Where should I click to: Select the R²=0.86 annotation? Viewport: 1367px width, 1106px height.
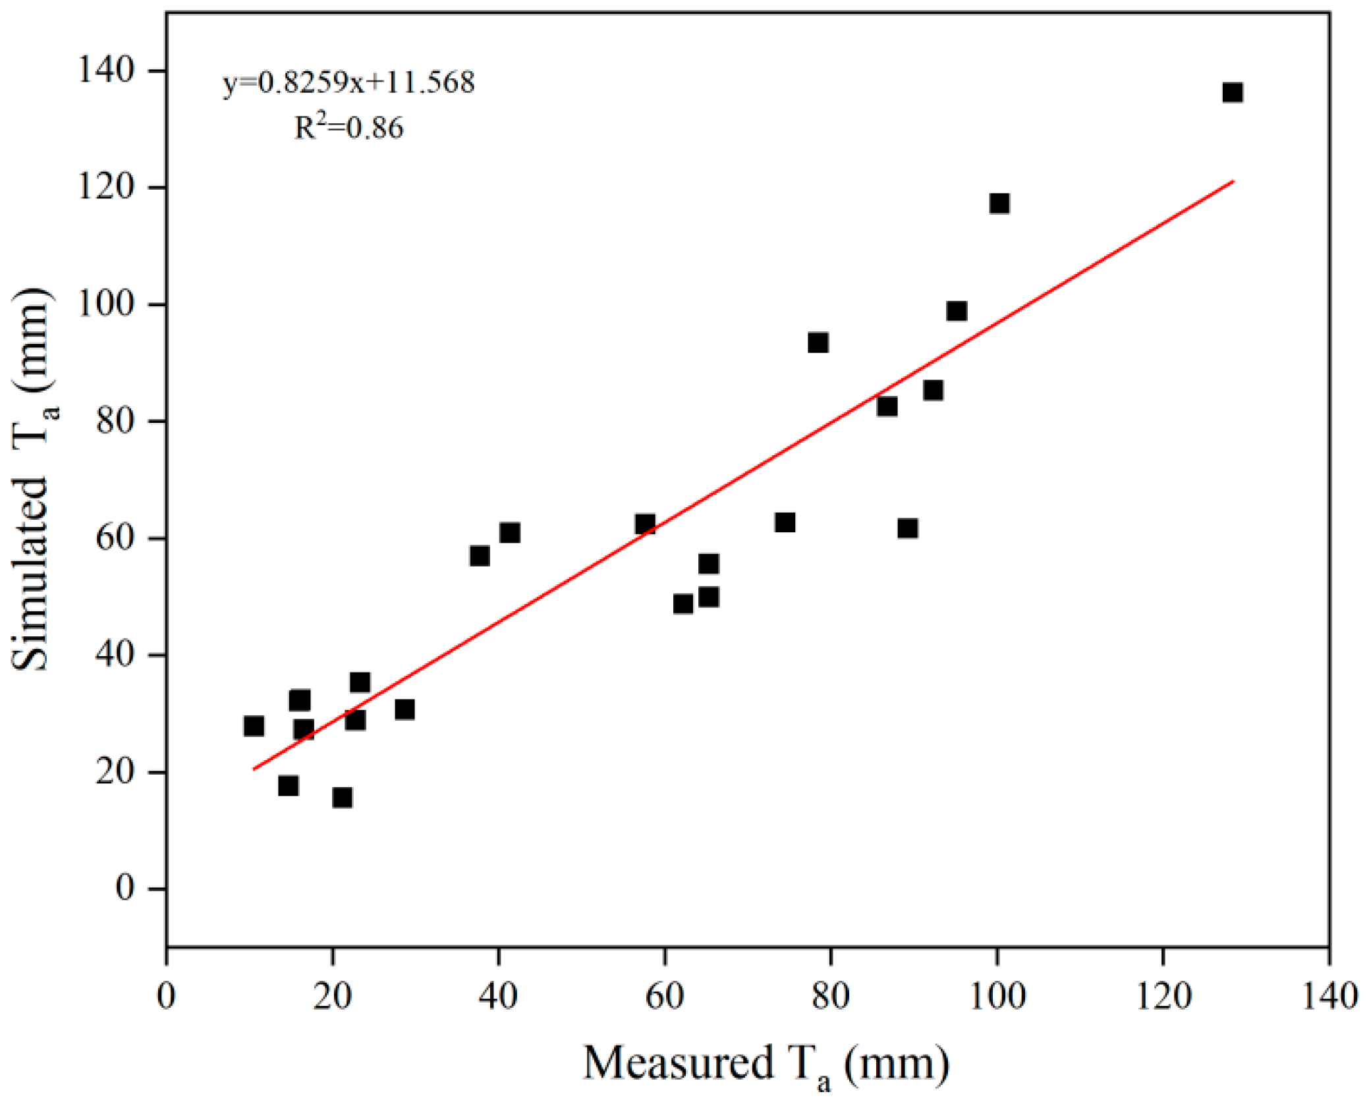click(349, 126)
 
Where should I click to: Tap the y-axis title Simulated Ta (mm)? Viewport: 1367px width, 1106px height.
click(34, 479)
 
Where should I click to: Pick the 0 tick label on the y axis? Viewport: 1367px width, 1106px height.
click(125, 889)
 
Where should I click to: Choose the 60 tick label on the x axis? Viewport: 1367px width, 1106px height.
click(665, 995)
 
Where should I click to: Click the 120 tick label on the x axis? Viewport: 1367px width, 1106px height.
click(1163, 995)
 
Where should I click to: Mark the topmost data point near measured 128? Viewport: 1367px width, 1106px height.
click(1233, 93)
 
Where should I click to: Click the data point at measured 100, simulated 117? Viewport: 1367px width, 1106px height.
click(999, 204)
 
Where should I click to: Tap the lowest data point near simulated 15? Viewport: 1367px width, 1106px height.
click(342, 798)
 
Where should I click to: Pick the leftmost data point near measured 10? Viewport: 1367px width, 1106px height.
click(254, 726)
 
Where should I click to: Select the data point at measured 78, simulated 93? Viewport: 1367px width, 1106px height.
click(818, 343)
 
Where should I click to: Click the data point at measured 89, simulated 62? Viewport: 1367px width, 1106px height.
click(908, 528)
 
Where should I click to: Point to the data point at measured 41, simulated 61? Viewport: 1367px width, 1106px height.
click(510, 532)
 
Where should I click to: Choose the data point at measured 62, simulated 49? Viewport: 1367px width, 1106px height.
click(683, 603)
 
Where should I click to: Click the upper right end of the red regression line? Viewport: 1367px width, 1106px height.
click(1233, 180)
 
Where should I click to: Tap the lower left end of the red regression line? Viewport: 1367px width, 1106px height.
click(254, 769)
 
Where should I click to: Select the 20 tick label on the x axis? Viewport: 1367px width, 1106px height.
click(333, 995)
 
